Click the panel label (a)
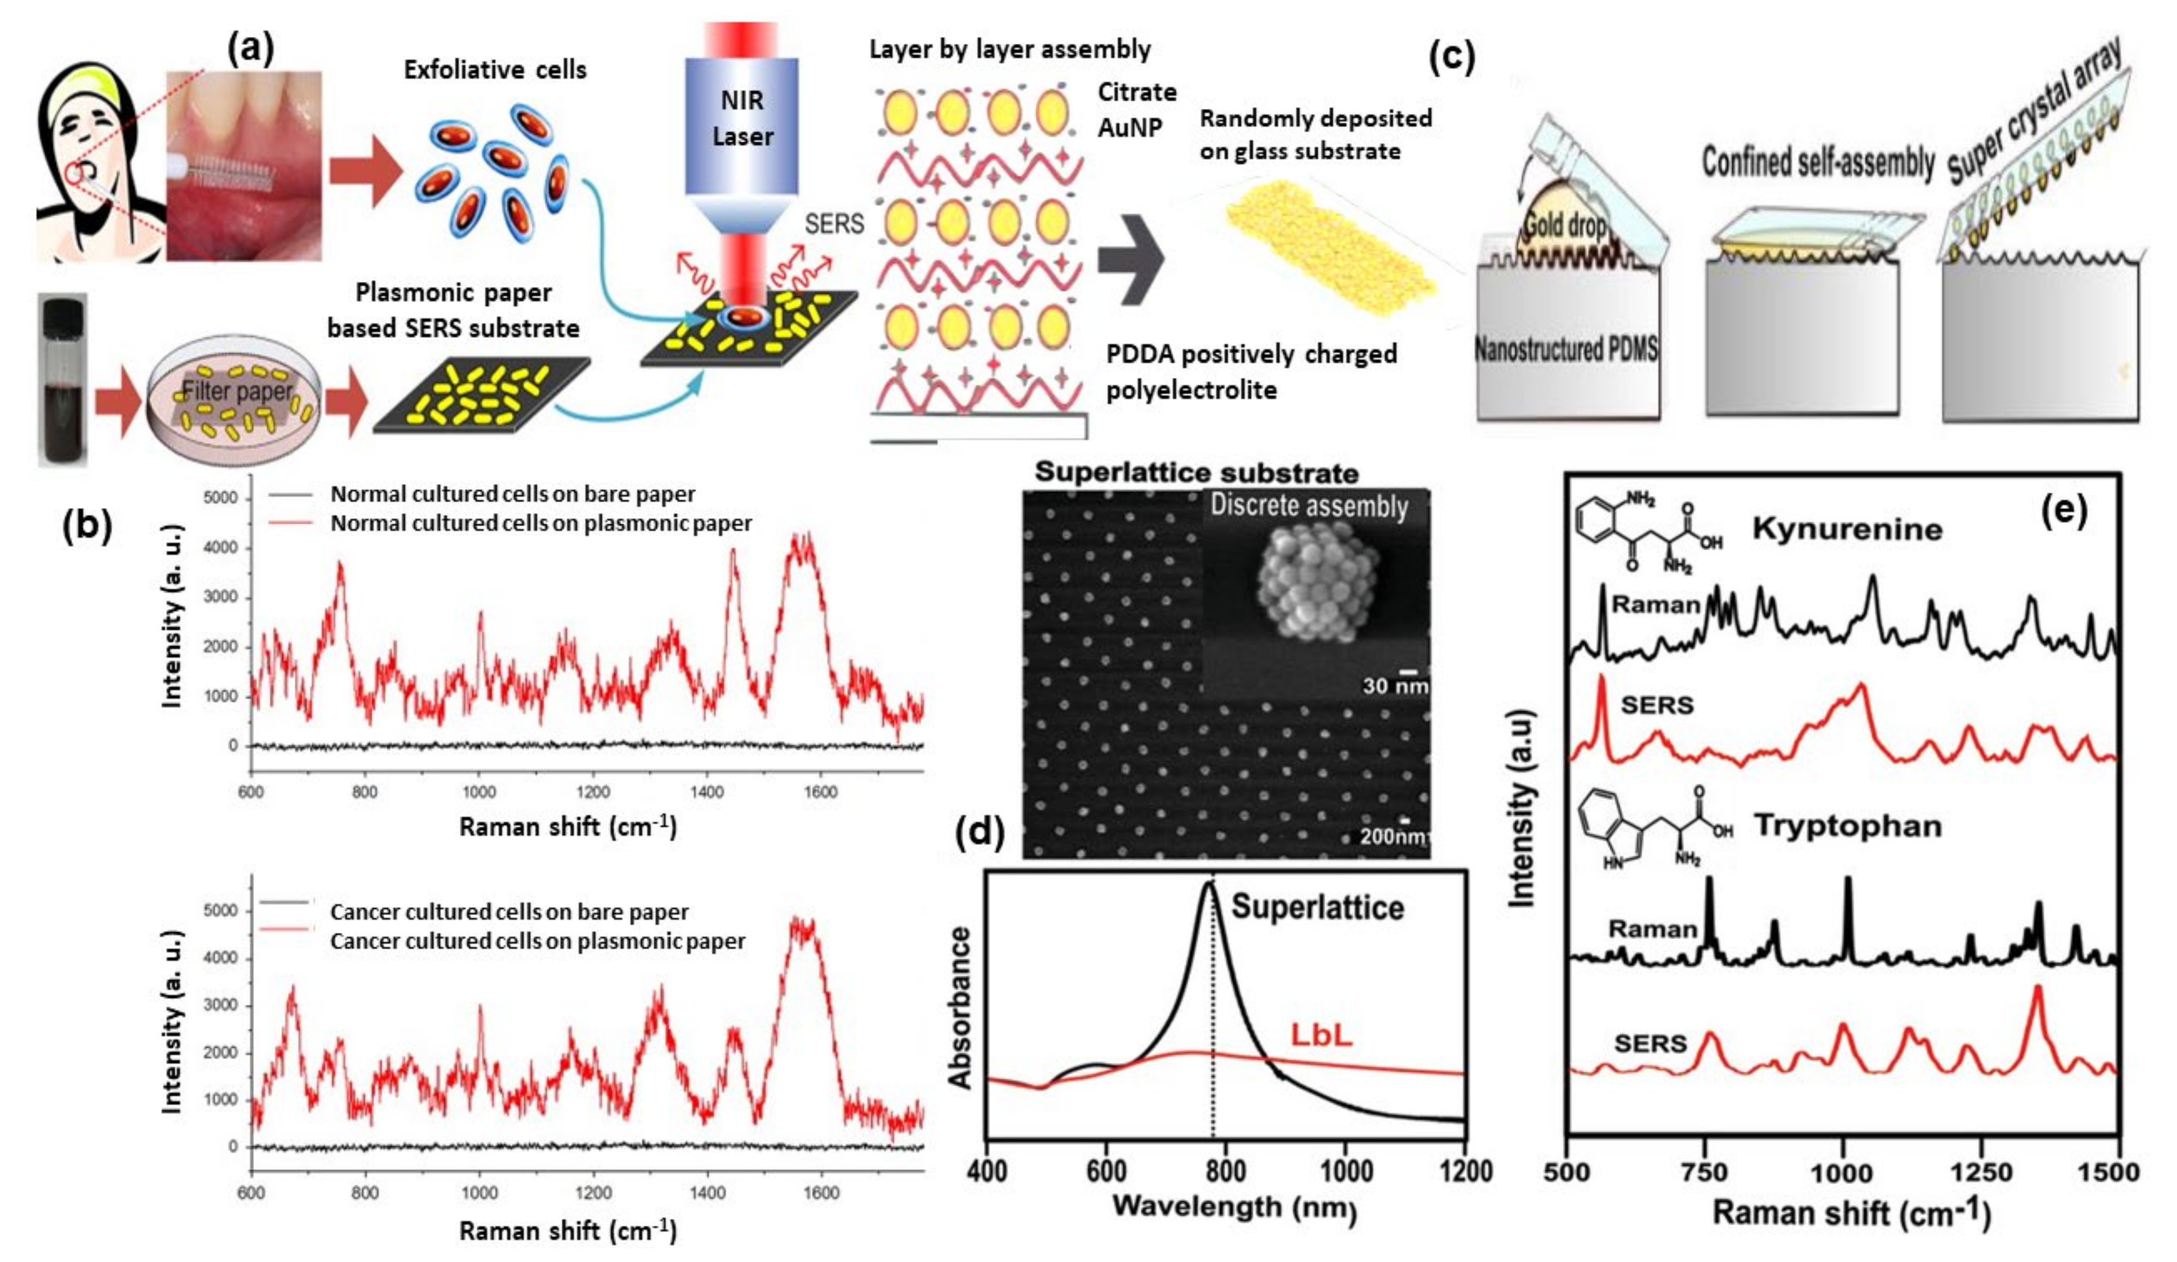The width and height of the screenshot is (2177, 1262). [x=250, y=49]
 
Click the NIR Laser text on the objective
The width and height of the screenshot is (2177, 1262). [x=742, y=118]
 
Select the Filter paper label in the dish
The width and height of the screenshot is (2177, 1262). [x=238, y=391]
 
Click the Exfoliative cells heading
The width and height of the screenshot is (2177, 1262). [x=495, y=70]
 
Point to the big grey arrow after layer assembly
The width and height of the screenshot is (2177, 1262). [x=1130, y=260]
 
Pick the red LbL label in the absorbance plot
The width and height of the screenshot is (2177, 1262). [x=1320, y=1034]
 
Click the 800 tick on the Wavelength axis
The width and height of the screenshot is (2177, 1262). [x=1225, y=1171]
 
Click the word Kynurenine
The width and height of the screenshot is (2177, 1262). [x=1847, y=529]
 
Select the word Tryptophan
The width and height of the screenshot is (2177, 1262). [x=1847, y=826]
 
